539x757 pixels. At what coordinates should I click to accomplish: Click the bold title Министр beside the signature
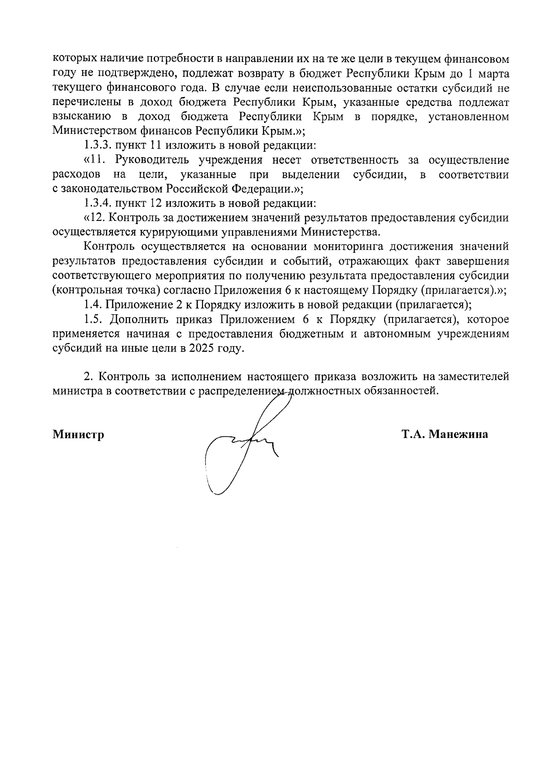[x=78, y=435]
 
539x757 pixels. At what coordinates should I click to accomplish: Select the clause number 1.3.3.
[x=99, y=146]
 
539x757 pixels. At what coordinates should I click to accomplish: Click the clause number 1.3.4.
[x=99, y=203]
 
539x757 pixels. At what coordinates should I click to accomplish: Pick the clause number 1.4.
[x=93, y=305]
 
